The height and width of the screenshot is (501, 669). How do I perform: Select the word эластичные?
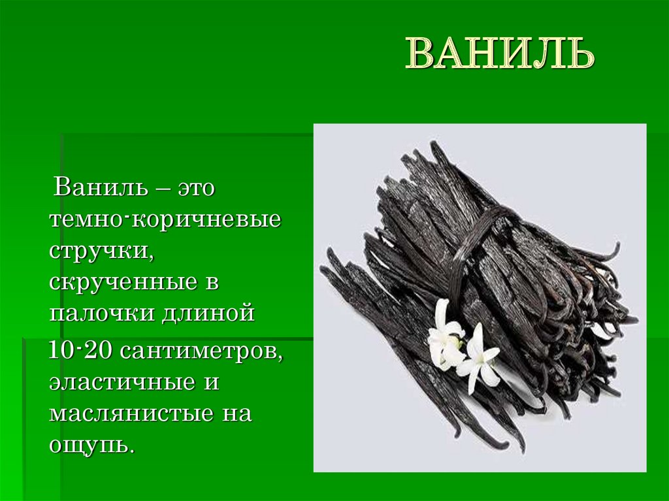pyautogui.click(x=122, y=383)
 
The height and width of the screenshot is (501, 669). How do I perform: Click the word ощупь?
pyautogui.click(x=91, y=446)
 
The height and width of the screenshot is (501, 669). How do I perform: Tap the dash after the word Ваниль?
pyautogui.click(x=159, y=190)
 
